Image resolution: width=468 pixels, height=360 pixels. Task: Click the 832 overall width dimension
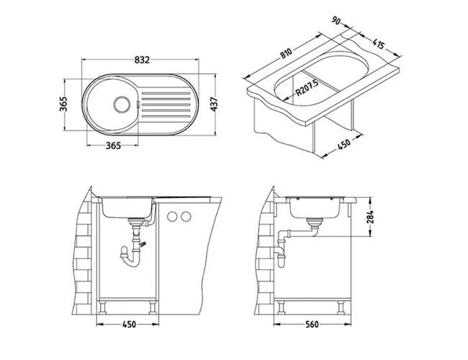pyautogui.click(x=142, y=60)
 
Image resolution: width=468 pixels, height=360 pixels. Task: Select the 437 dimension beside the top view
pyautogui.click(x=215, y=104)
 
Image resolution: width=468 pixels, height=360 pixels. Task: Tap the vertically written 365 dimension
pyautogui.click(x=63, y=104)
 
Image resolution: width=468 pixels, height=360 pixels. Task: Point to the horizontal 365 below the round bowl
pyautogui.click(x=114, y=145)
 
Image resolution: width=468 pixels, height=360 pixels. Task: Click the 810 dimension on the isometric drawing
pyautogui.click(x=286, y=53)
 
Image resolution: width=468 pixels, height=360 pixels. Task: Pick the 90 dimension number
pyautogui.click(x=336, y=21)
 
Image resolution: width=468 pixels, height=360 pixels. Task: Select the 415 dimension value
pyautogui.click(x=379, y=44)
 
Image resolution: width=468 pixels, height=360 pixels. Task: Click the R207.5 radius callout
pyautogui.click(x=307, y=87)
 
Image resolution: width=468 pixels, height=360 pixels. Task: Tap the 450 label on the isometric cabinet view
pyautogui.click(x=343, y=145)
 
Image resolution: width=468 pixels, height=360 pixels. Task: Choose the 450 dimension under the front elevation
pyautogui.click(x=129, y=324)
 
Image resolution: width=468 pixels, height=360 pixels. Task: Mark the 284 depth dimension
pyautogui.click(x=370, y=217)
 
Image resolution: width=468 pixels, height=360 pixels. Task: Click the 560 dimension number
pyautogui.click(x=312, y=324)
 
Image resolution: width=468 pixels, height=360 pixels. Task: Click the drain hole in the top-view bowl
pyautogui.click(x=122, y=104)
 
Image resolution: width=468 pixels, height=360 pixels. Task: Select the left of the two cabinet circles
pyautogui.click(x=172, y=217)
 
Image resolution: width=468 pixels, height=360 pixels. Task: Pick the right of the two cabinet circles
pyautogui.click(x=186, y=217)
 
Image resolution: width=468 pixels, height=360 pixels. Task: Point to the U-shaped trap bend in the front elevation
pyautogui.click(x=131, y=262)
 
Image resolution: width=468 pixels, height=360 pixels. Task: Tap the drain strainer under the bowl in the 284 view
pyautogui.click(x=315, y=222)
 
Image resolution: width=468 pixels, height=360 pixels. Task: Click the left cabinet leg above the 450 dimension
pyautogui.click(x=103, y=307)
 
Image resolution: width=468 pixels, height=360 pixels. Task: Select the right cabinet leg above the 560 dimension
pyautogui.click(x=341, y=307)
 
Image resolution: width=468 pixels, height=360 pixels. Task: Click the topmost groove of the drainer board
pyautogui.click(x=166, y=94)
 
